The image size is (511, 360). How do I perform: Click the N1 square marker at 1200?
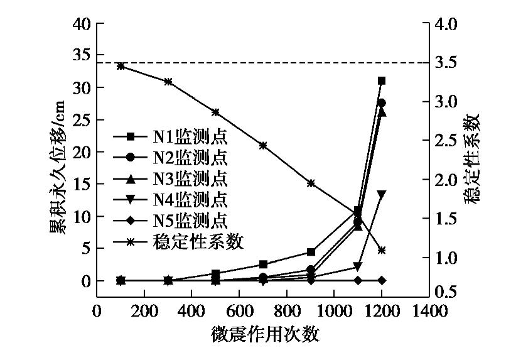382,80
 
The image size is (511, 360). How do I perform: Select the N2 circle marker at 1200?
382,103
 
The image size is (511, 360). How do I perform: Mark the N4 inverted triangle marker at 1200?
382,194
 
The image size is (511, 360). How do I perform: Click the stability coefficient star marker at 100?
121,66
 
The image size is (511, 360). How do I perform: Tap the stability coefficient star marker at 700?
263,145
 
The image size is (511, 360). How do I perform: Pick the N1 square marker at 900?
311,252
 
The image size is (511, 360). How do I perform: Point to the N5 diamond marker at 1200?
382,280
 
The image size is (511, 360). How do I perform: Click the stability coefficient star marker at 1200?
382,250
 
